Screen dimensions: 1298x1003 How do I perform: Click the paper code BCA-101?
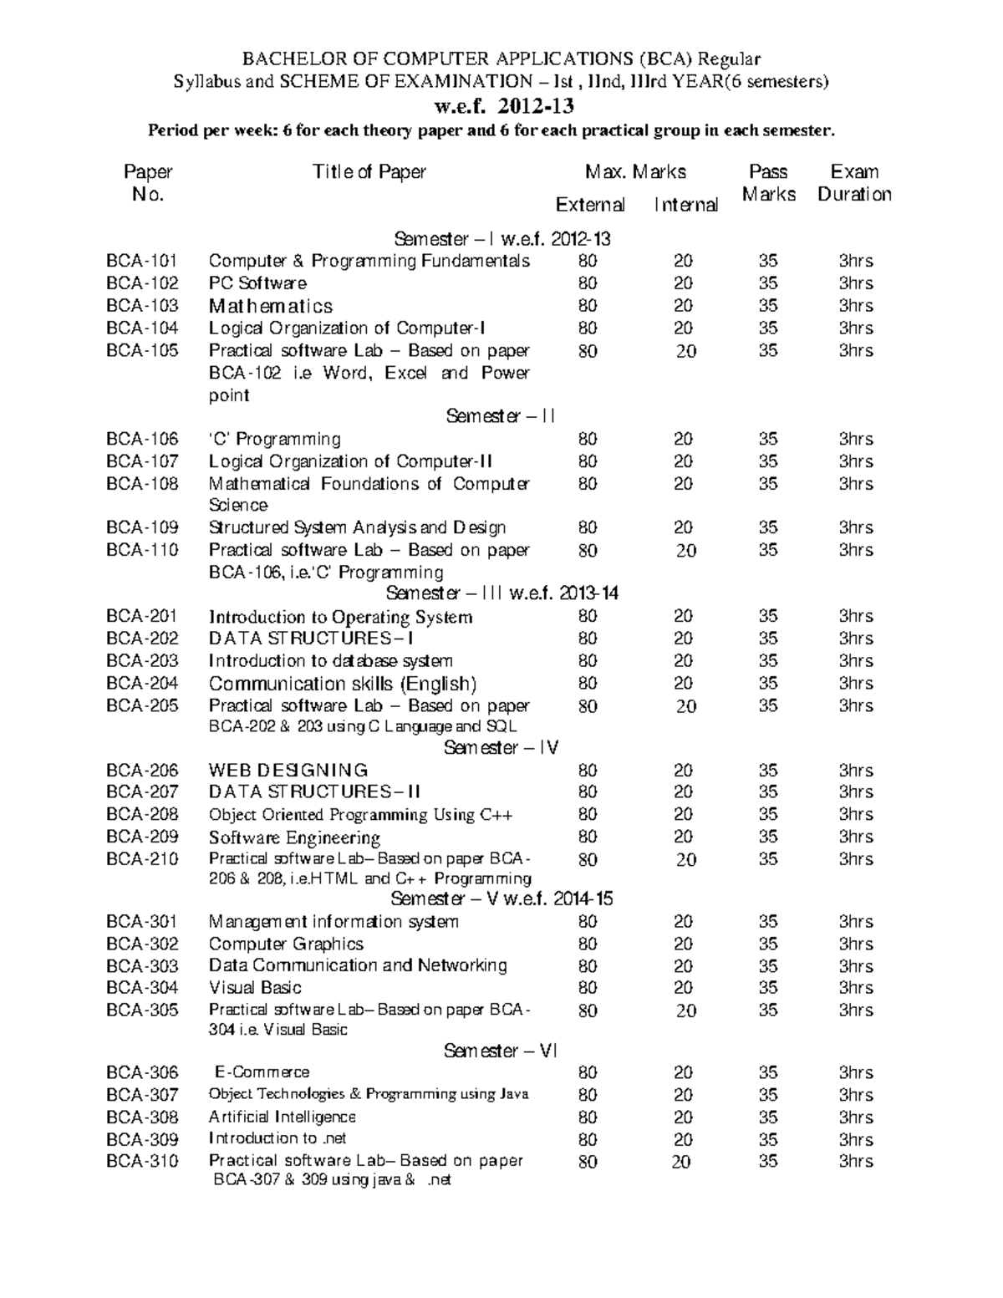click(x=142, y=261)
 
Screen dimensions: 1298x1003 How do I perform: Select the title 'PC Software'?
click(x=257, y=283)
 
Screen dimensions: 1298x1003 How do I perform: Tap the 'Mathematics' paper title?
click(x=270, y=306)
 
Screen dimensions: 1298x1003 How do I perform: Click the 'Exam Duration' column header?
click(x=854, y=183)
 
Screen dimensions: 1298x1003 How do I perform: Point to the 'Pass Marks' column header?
click(x=768, y=183)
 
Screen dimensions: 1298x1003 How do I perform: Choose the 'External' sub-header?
click(x=590, y=205)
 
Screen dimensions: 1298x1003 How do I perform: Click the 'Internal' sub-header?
click(x=685, y=205)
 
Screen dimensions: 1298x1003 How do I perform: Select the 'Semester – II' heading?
click(x=501, y=416)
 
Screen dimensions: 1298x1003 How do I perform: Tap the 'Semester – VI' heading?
click(x=501, y=1051)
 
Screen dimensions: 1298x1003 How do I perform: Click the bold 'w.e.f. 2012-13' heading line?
click(x=502, y=107)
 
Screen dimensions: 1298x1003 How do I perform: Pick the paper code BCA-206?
click(x=142, y=771)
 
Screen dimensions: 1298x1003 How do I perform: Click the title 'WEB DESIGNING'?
click(x=288, y=771)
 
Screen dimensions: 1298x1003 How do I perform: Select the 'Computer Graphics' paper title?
click(x=286, y=944)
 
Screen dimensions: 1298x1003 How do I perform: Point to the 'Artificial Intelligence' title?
click(x=283, y=1117)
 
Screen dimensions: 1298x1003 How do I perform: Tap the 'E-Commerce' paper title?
click(x=262, y=1072)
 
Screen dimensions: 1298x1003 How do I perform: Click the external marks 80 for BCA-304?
click(x=588, y=988)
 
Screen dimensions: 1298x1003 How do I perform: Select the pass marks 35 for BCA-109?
click(x=768, y=527)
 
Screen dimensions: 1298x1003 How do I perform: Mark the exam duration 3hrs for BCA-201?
click(x=856, y=616)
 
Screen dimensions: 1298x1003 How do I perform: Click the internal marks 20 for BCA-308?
click(x=683, y=1117)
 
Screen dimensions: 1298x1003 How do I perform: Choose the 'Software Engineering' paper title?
click(x=294, y=837)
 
